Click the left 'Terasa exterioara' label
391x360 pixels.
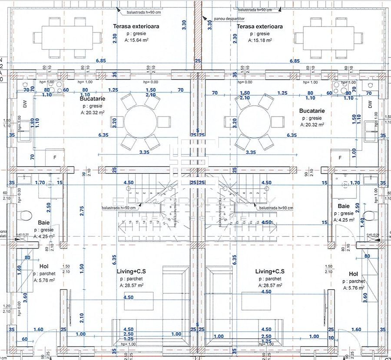pos(136,27)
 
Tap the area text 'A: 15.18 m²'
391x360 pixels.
pos(260,40)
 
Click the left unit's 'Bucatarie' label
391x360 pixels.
pos(93,99)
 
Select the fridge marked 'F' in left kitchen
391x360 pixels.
pos(54,157)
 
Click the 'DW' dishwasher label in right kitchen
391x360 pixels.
pos(370,104)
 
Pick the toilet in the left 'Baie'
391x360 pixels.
pos(26,215)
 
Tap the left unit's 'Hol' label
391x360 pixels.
pos(43,266)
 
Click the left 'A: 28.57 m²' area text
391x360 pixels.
pos(132,286)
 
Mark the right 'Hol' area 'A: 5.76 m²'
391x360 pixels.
pos(354,288)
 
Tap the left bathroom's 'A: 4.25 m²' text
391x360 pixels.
pos(44,237)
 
